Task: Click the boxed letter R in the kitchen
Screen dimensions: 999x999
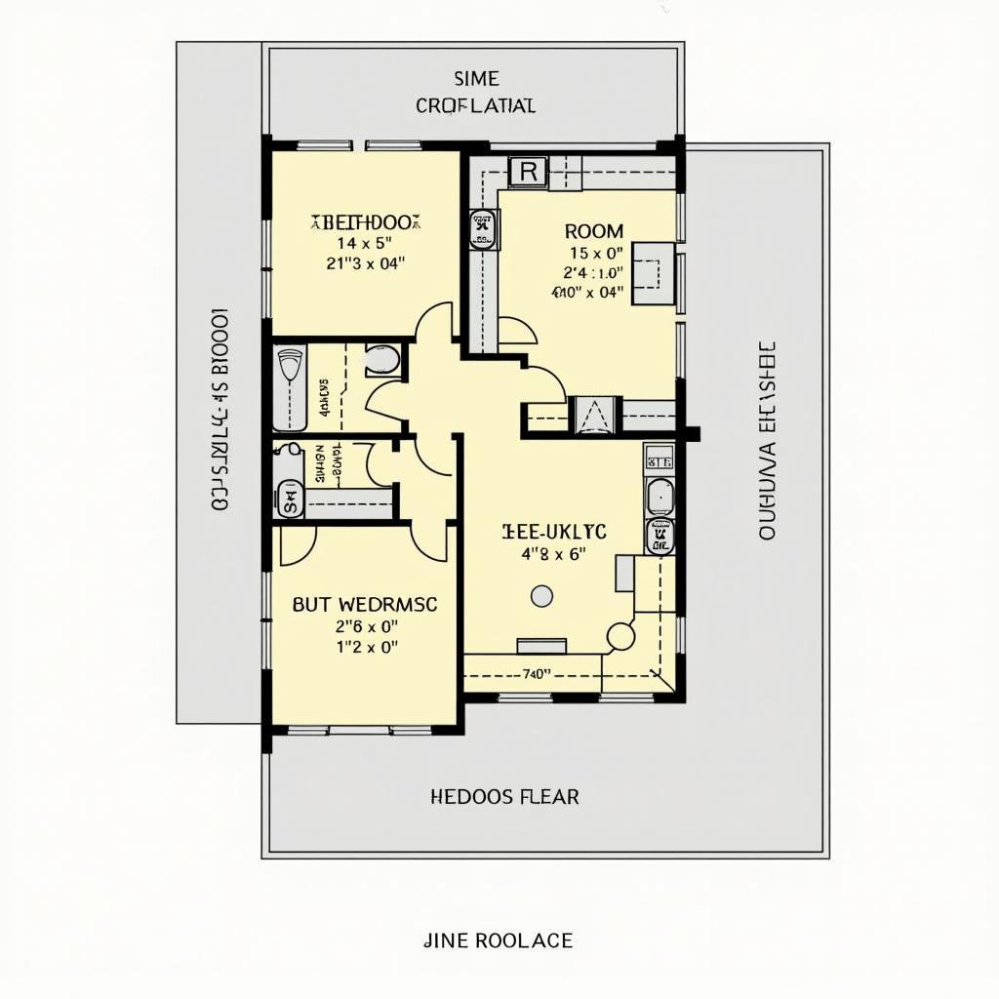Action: click(x=528, y=172)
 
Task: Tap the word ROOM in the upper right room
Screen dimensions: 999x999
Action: click(x=594, y=231)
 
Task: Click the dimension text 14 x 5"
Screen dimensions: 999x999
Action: click(x=364, y=243)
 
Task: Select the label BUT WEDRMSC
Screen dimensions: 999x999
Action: click(x=365, y=604)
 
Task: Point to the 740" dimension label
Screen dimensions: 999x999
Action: click(x=537, y=673)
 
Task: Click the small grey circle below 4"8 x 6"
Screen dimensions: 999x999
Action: click(x=541, y=595)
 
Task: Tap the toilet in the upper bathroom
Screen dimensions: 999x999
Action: click(x=382, y=359)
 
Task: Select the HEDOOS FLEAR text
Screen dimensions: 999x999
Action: click(x=504, y=797)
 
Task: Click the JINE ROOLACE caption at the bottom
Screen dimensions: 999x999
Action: click(x=499, y=940)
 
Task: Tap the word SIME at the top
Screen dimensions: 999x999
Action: click(x=476, y=79)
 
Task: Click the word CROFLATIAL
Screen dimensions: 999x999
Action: click(x=475, y=105)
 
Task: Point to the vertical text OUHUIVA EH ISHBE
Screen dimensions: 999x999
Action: click(x=766, y=441)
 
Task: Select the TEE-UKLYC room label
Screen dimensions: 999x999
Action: click(x=553, y=531)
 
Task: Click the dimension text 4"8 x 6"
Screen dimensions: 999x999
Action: click(x=553, y=553)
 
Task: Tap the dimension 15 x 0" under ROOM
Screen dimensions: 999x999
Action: click(x=594, y=253)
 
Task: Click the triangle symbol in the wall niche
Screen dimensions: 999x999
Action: click(x=594, y=417)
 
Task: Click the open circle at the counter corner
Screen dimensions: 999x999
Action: click(x=620, y=637)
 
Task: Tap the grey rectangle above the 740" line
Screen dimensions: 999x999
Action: click(x=541, y=645)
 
